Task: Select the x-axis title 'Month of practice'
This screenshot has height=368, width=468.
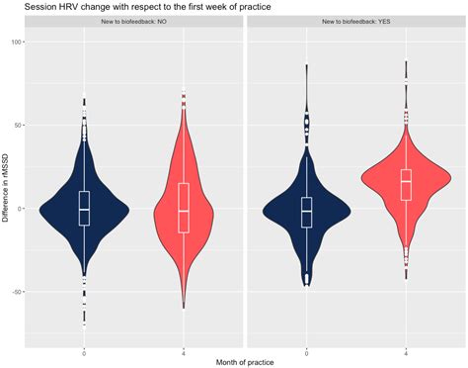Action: [245, 361]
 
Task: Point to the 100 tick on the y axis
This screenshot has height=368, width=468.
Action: [17, 43]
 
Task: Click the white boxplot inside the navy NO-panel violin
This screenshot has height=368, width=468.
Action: [84, 208]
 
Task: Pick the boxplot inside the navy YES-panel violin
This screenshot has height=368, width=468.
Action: [306, 211]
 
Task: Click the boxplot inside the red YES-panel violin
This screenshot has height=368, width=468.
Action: [406, 184]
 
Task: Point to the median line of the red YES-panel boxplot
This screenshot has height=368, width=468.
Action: [406, 182]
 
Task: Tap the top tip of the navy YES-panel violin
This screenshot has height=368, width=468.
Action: [306, 65]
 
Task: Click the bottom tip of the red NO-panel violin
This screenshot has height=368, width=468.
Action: [184, 308]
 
